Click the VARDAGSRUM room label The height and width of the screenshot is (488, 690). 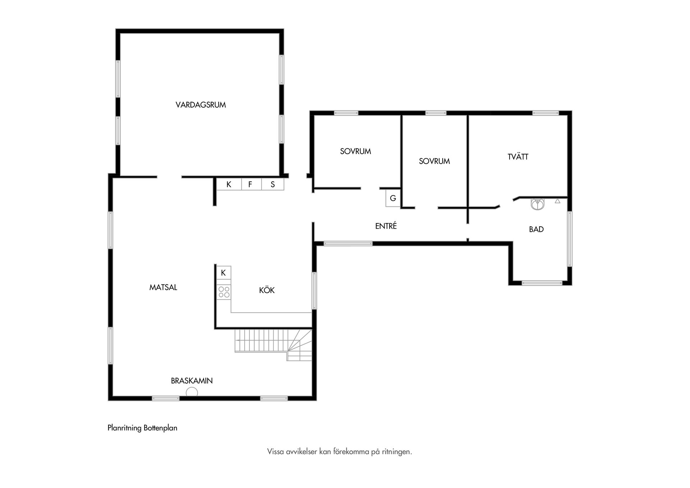201,105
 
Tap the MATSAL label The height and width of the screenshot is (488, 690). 163,287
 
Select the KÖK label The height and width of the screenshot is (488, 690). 267,290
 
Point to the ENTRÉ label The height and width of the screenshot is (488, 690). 386,226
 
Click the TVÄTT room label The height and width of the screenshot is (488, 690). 518,157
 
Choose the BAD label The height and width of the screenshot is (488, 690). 536,229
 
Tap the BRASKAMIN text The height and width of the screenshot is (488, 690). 192,380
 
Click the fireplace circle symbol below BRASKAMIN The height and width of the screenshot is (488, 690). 192,392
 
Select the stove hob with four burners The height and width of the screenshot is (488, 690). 224,292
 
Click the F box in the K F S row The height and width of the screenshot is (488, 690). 250,184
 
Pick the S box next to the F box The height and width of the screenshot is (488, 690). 273,184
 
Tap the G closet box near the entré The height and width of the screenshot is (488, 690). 393,198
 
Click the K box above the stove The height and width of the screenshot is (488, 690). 223,273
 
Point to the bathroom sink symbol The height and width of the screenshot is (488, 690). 538,204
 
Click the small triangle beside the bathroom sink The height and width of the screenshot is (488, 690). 557,201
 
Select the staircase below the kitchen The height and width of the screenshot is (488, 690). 273,345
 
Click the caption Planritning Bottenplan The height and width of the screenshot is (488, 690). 142,428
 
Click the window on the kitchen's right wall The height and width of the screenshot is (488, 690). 314,291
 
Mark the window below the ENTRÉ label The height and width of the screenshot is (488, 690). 348,243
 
